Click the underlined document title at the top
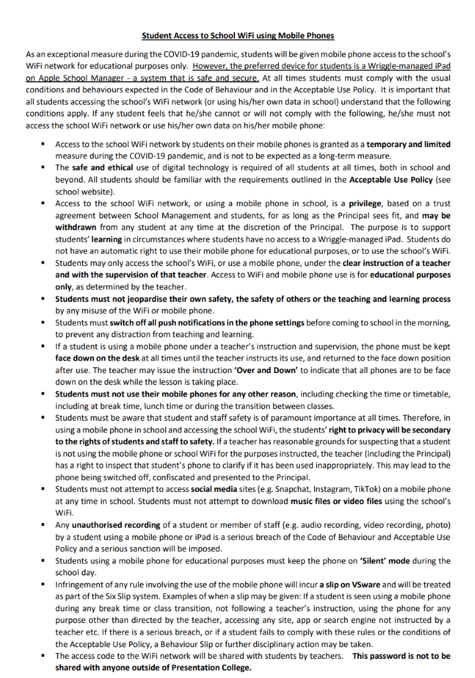pos(238,36)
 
